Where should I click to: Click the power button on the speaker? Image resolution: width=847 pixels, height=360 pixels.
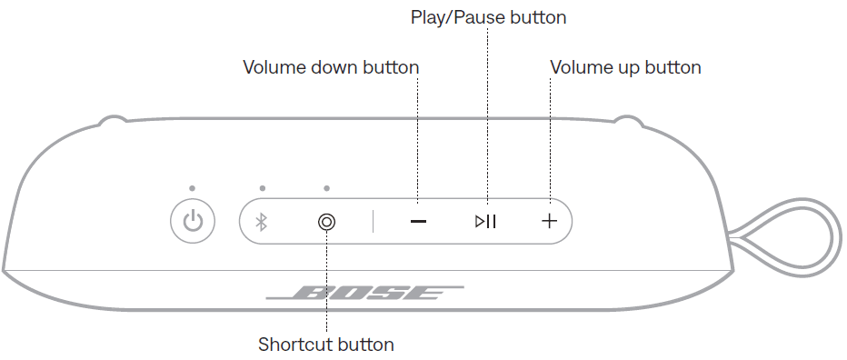[x=193, y=221]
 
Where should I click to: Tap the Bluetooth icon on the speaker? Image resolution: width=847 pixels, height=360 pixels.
[x=260, y=221]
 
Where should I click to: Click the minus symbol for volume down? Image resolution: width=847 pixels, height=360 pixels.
[x=418, y=222]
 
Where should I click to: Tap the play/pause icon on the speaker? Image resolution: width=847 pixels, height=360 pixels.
[x=486, y=221]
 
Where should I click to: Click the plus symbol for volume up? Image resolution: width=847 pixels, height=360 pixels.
[x=549, y=221]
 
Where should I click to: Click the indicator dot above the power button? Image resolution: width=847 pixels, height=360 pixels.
[x=193, y=189]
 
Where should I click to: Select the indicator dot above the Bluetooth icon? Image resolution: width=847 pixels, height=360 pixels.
[x=262, y=189]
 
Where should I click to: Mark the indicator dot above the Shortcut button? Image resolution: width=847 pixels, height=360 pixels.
[x=326, y=189]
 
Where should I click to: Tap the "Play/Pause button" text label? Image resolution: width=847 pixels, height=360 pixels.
[x=488, y=17]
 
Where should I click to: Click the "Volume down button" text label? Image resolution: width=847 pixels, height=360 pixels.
[x=331, y=67]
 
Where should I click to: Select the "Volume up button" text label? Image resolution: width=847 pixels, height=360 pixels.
[x=626, y=67]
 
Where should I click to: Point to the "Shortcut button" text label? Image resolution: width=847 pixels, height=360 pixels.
[x=326, y=345]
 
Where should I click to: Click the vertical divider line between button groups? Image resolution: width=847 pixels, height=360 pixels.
[x=373, y=221]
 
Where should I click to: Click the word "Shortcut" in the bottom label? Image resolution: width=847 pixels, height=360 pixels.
[x=295, y=345]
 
